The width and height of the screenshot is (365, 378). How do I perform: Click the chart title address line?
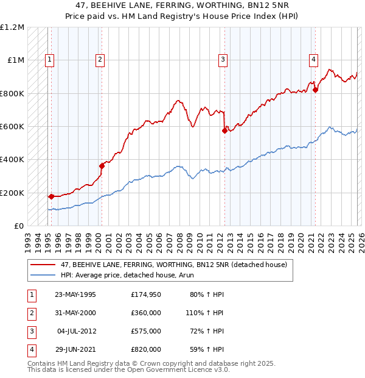click(182, 5)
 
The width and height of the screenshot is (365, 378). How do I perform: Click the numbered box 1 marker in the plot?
click(49, 59)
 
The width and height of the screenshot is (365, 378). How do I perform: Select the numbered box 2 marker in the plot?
click(99, 59)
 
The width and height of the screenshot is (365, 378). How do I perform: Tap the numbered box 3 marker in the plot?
click(223, 59)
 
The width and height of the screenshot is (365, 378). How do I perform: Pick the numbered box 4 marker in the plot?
click(313, 59)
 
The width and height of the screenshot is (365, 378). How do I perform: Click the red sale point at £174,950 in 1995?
click(51, 196)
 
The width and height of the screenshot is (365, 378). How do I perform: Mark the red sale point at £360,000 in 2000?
click(102, 165)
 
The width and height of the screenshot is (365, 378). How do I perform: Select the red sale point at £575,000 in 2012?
click(224, 130)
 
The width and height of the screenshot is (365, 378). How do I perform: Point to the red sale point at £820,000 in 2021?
click(315, 90)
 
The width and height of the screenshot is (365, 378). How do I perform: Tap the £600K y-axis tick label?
click(12, 126)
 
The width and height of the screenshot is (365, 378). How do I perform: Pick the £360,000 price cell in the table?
click(145, 313)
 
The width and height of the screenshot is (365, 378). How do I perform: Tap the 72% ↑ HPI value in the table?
click(205, 332)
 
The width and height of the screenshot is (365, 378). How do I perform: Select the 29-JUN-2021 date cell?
click(75, 350)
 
